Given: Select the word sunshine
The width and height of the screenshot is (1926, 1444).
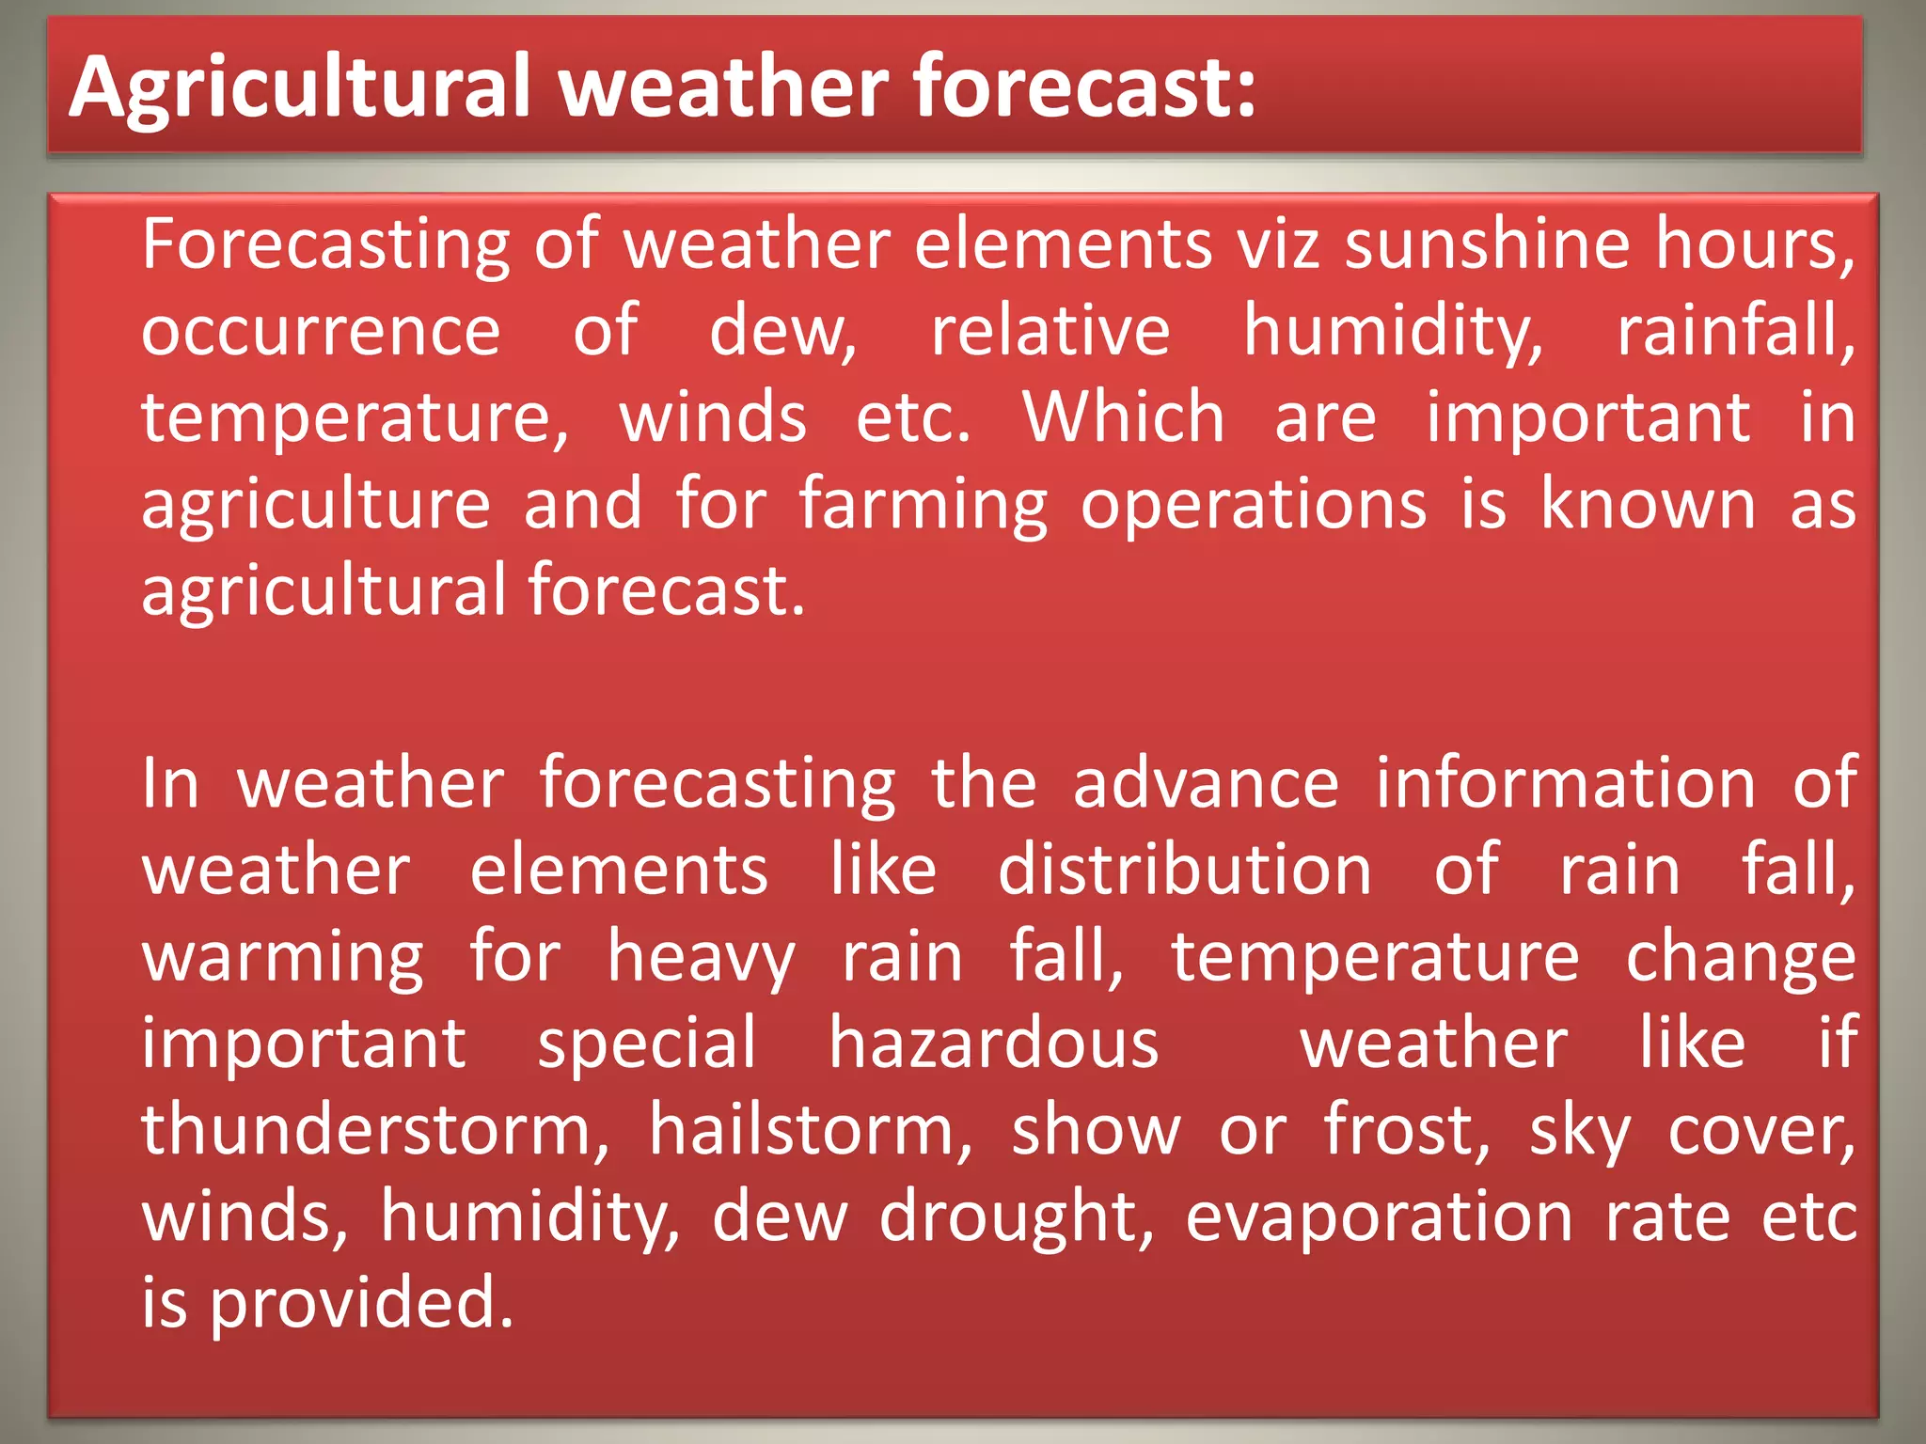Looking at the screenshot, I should pos(1487,244).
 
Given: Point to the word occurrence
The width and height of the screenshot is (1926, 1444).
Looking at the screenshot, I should pos(321,332).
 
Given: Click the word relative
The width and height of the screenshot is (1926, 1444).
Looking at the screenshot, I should pos(1050,331).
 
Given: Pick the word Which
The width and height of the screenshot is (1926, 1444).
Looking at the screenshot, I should pos(1124,417).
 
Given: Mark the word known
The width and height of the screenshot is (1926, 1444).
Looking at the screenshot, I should pos(1648,505).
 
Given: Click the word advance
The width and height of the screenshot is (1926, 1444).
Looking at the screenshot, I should pos(1206,783).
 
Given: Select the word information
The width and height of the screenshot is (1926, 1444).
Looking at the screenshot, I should pos(1566,783).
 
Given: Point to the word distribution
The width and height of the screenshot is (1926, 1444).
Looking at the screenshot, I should pos(1184,870).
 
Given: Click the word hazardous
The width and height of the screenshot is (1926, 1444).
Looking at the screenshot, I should pos(993,1044).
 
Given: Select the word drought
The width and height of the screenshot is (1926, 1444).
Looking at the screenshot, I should pos(1016,1218).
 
